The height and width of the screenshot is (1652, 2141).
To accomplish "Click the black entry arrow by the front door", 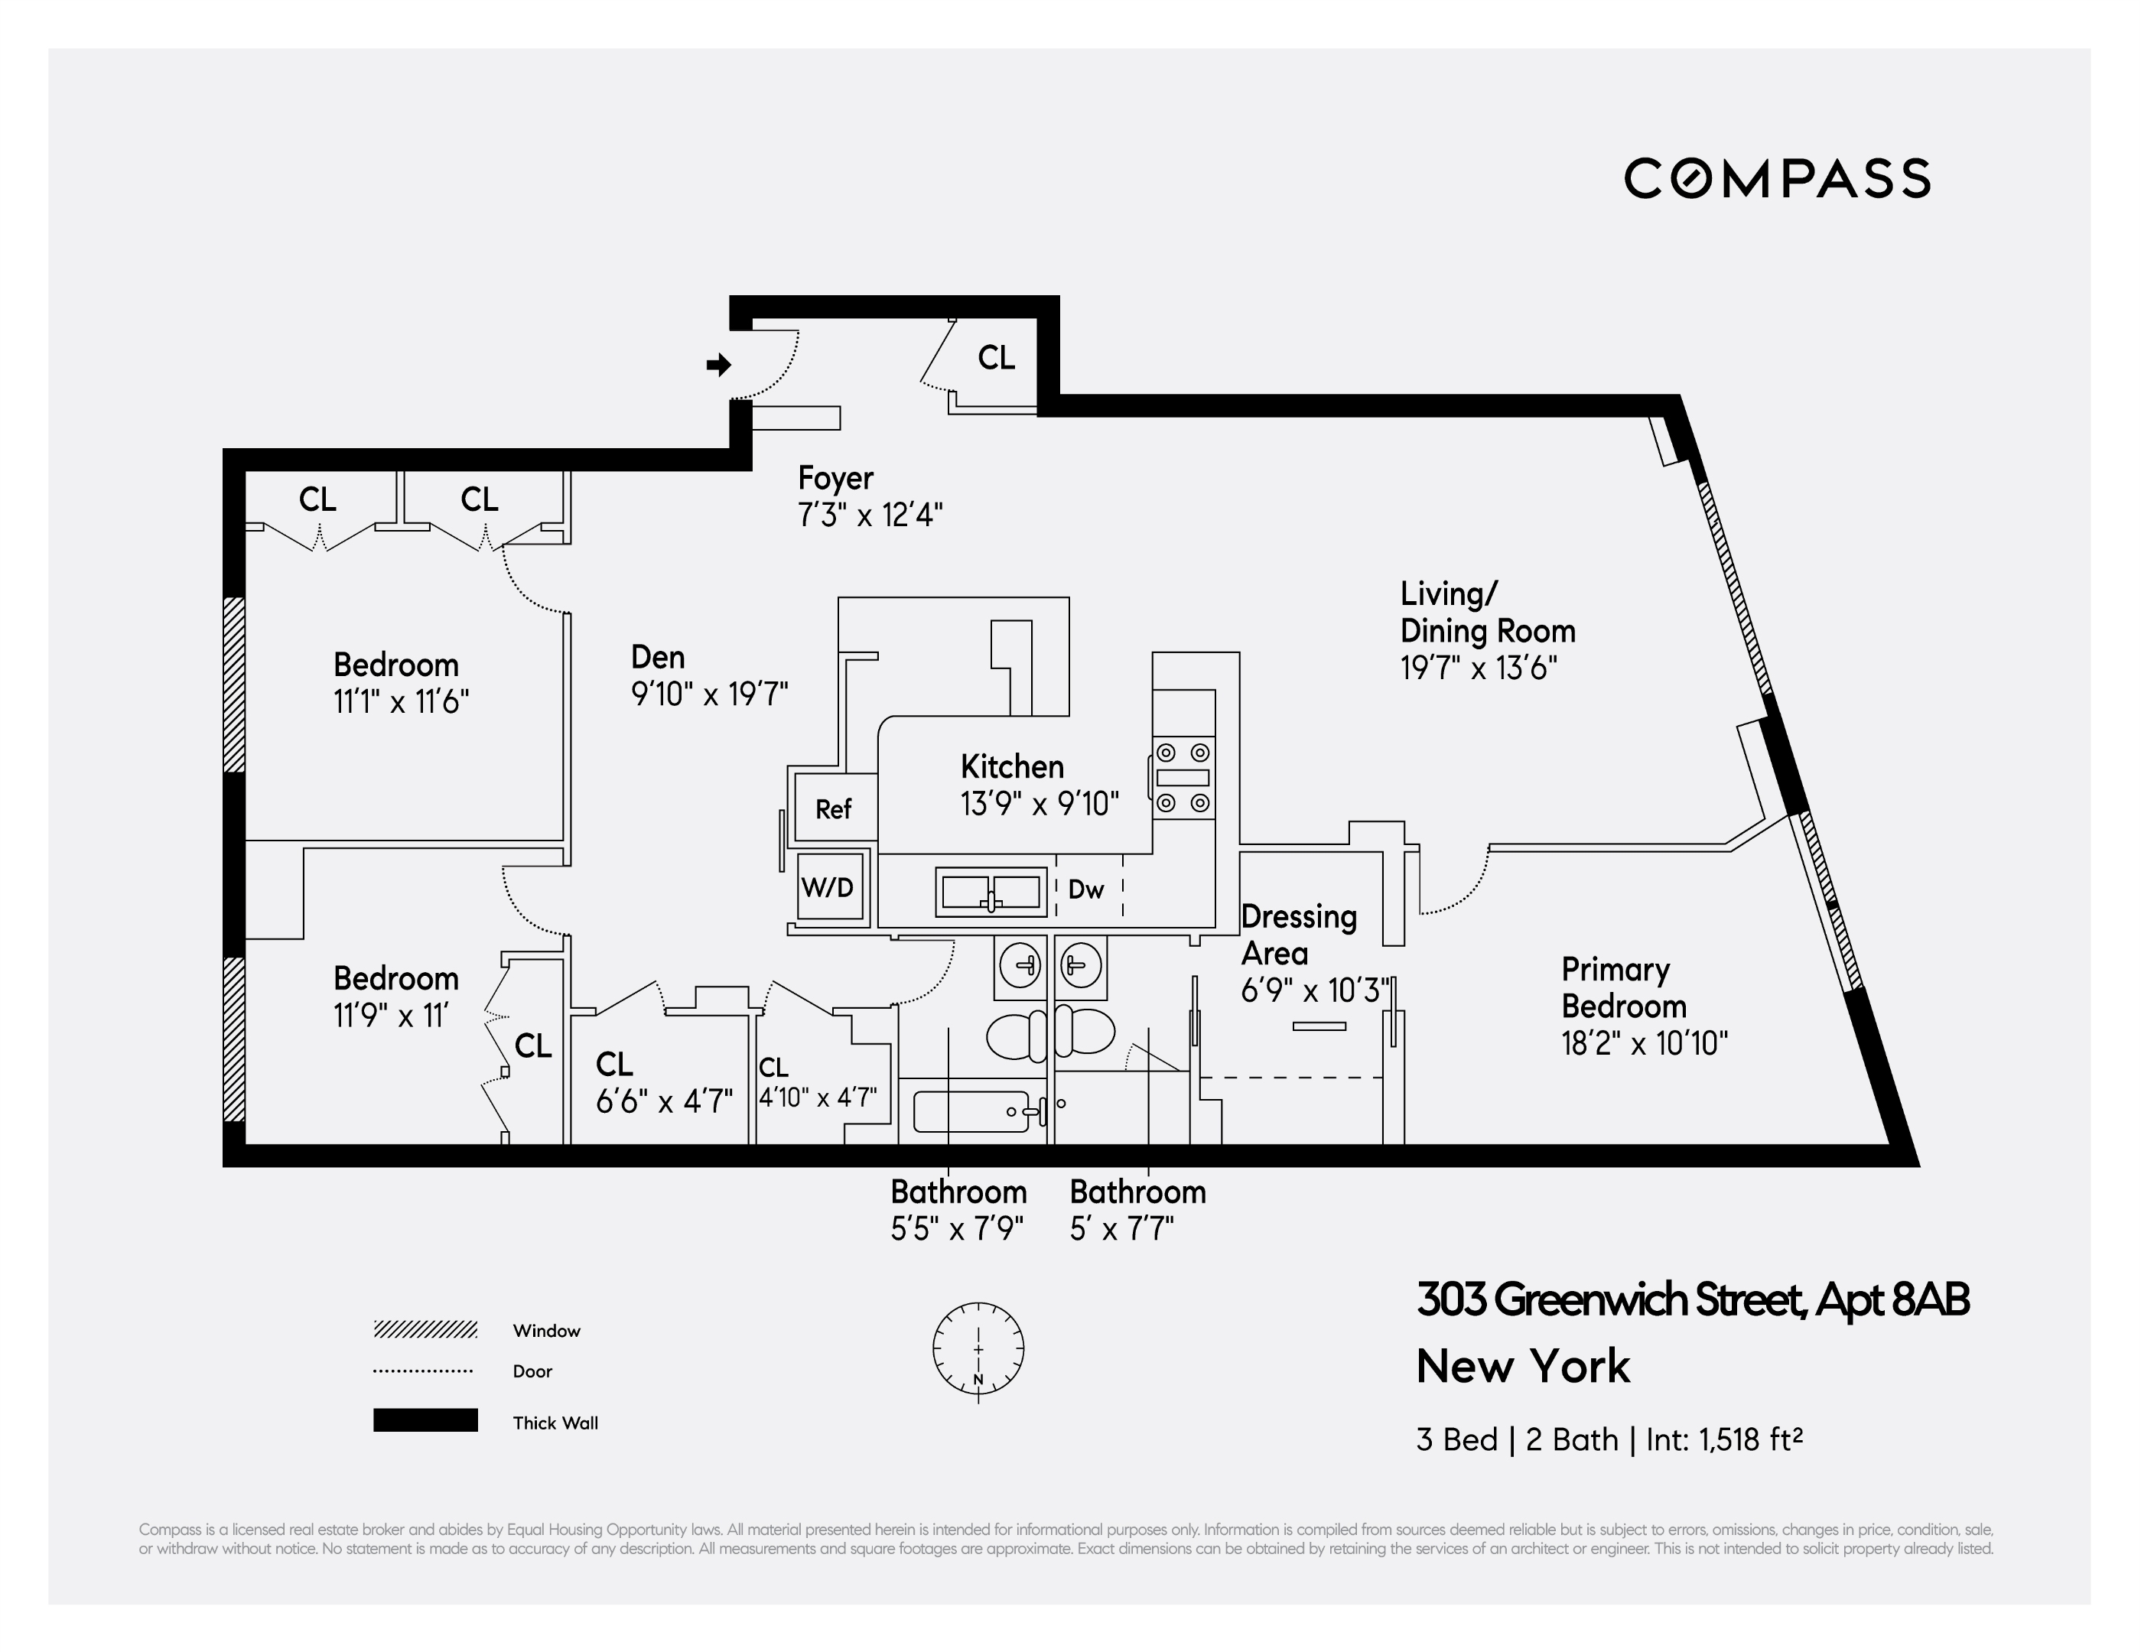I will tap(718, 365).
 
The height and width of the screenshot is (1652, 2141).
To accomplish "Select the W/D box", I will tap(828, 887).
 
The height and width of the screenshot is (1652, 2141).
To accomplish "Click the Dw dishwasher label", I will tap(1085, 889).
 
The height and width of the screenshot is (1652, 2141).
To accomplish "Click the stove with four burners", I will tap(1183, 779).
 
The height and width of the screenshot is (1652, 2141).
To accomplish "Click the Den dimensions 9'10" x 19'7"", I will tap(709, 694).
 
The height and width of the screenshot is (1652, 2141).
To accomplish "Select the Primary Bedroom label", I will tap(1622, 987).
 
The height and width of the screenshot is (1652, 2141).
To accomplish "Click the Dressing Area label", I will tap(1298, 935).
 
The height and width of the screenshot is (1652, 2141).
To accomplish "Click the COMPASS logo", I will tap(1776, 178).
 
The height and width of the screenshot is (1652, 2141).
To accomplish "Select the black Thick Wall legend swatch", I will tap(425, 1419).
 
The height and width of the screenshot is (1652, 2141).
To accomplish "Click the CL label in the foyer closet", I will tap(996, 358).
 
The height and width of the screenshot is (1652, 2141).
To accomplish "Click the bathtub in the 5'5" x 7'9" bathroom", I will tap(971, 1112).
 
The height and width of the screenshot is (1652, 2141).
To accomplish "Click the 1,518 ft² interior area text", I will tap(1750, 1439).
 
